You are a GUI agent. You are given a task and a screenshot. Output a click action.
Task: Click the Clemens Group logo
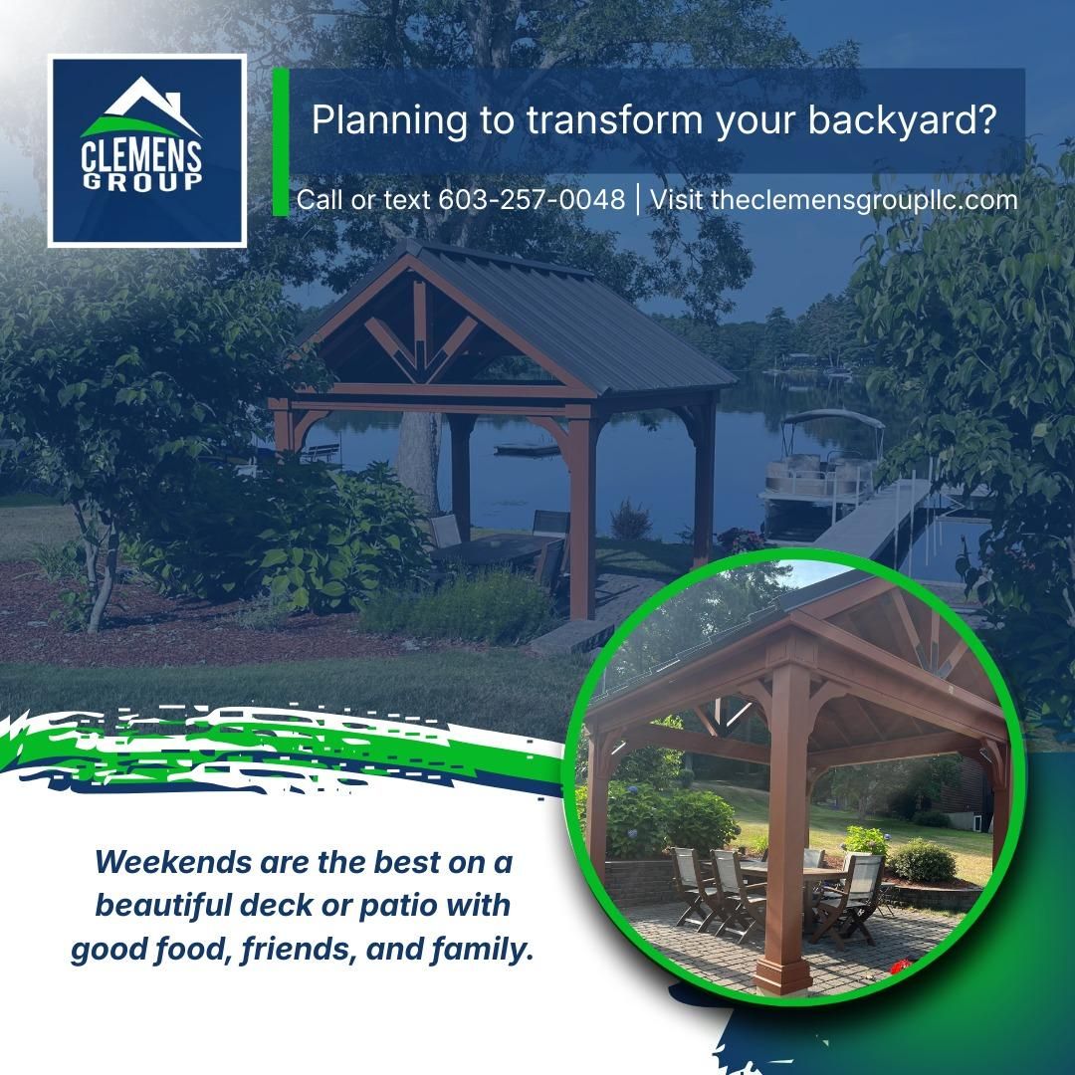(x=147, y=151)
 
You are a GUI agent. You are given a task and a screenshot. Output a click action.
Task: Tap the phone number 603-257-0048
(x=532, y=199)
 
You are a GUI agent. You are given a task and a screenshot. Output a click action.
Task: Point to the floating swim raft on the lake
(x=527, y=449)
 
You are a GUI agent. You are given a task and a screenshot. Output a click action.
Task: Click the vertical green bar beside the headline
(x=280, y=142)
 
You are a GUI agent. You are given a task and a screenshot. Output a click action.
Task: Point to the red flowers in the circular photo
(x=901, y=965)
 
